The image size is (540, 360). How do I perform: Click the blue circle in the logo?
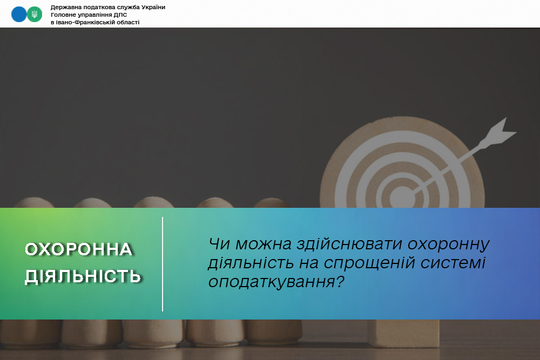coord(18,15)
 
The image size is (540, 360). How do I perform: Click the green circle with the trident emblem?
coord(35,15)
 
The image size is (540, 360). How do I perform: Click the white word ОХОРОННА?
coord(79,249)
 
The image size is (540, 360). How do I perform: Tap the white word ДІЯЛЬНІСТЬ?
coord(83,276)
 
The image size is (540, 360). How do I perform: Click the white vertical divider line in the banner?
coord(163,264)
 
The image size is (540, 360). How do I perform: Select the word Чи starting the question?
coord(219,244)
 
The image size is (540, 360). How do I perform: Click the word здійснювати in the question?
coord(349,244)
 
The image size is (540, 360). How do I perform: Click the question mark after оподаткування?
coord(340,282)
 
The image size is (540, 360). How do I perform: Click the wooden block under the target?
coord(403,333)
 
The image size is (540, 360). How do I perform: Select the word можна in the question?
coord(263,244)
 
